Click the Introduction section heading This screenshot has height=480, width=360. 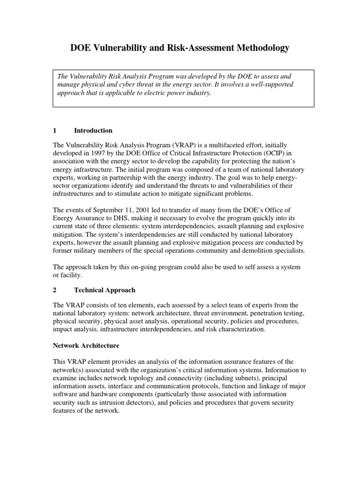tap(93, 130)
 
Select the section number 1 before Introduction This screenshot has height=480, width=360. tap(55, 130)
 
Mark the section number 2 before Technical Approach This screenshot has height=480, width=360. tap(55, 291)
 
